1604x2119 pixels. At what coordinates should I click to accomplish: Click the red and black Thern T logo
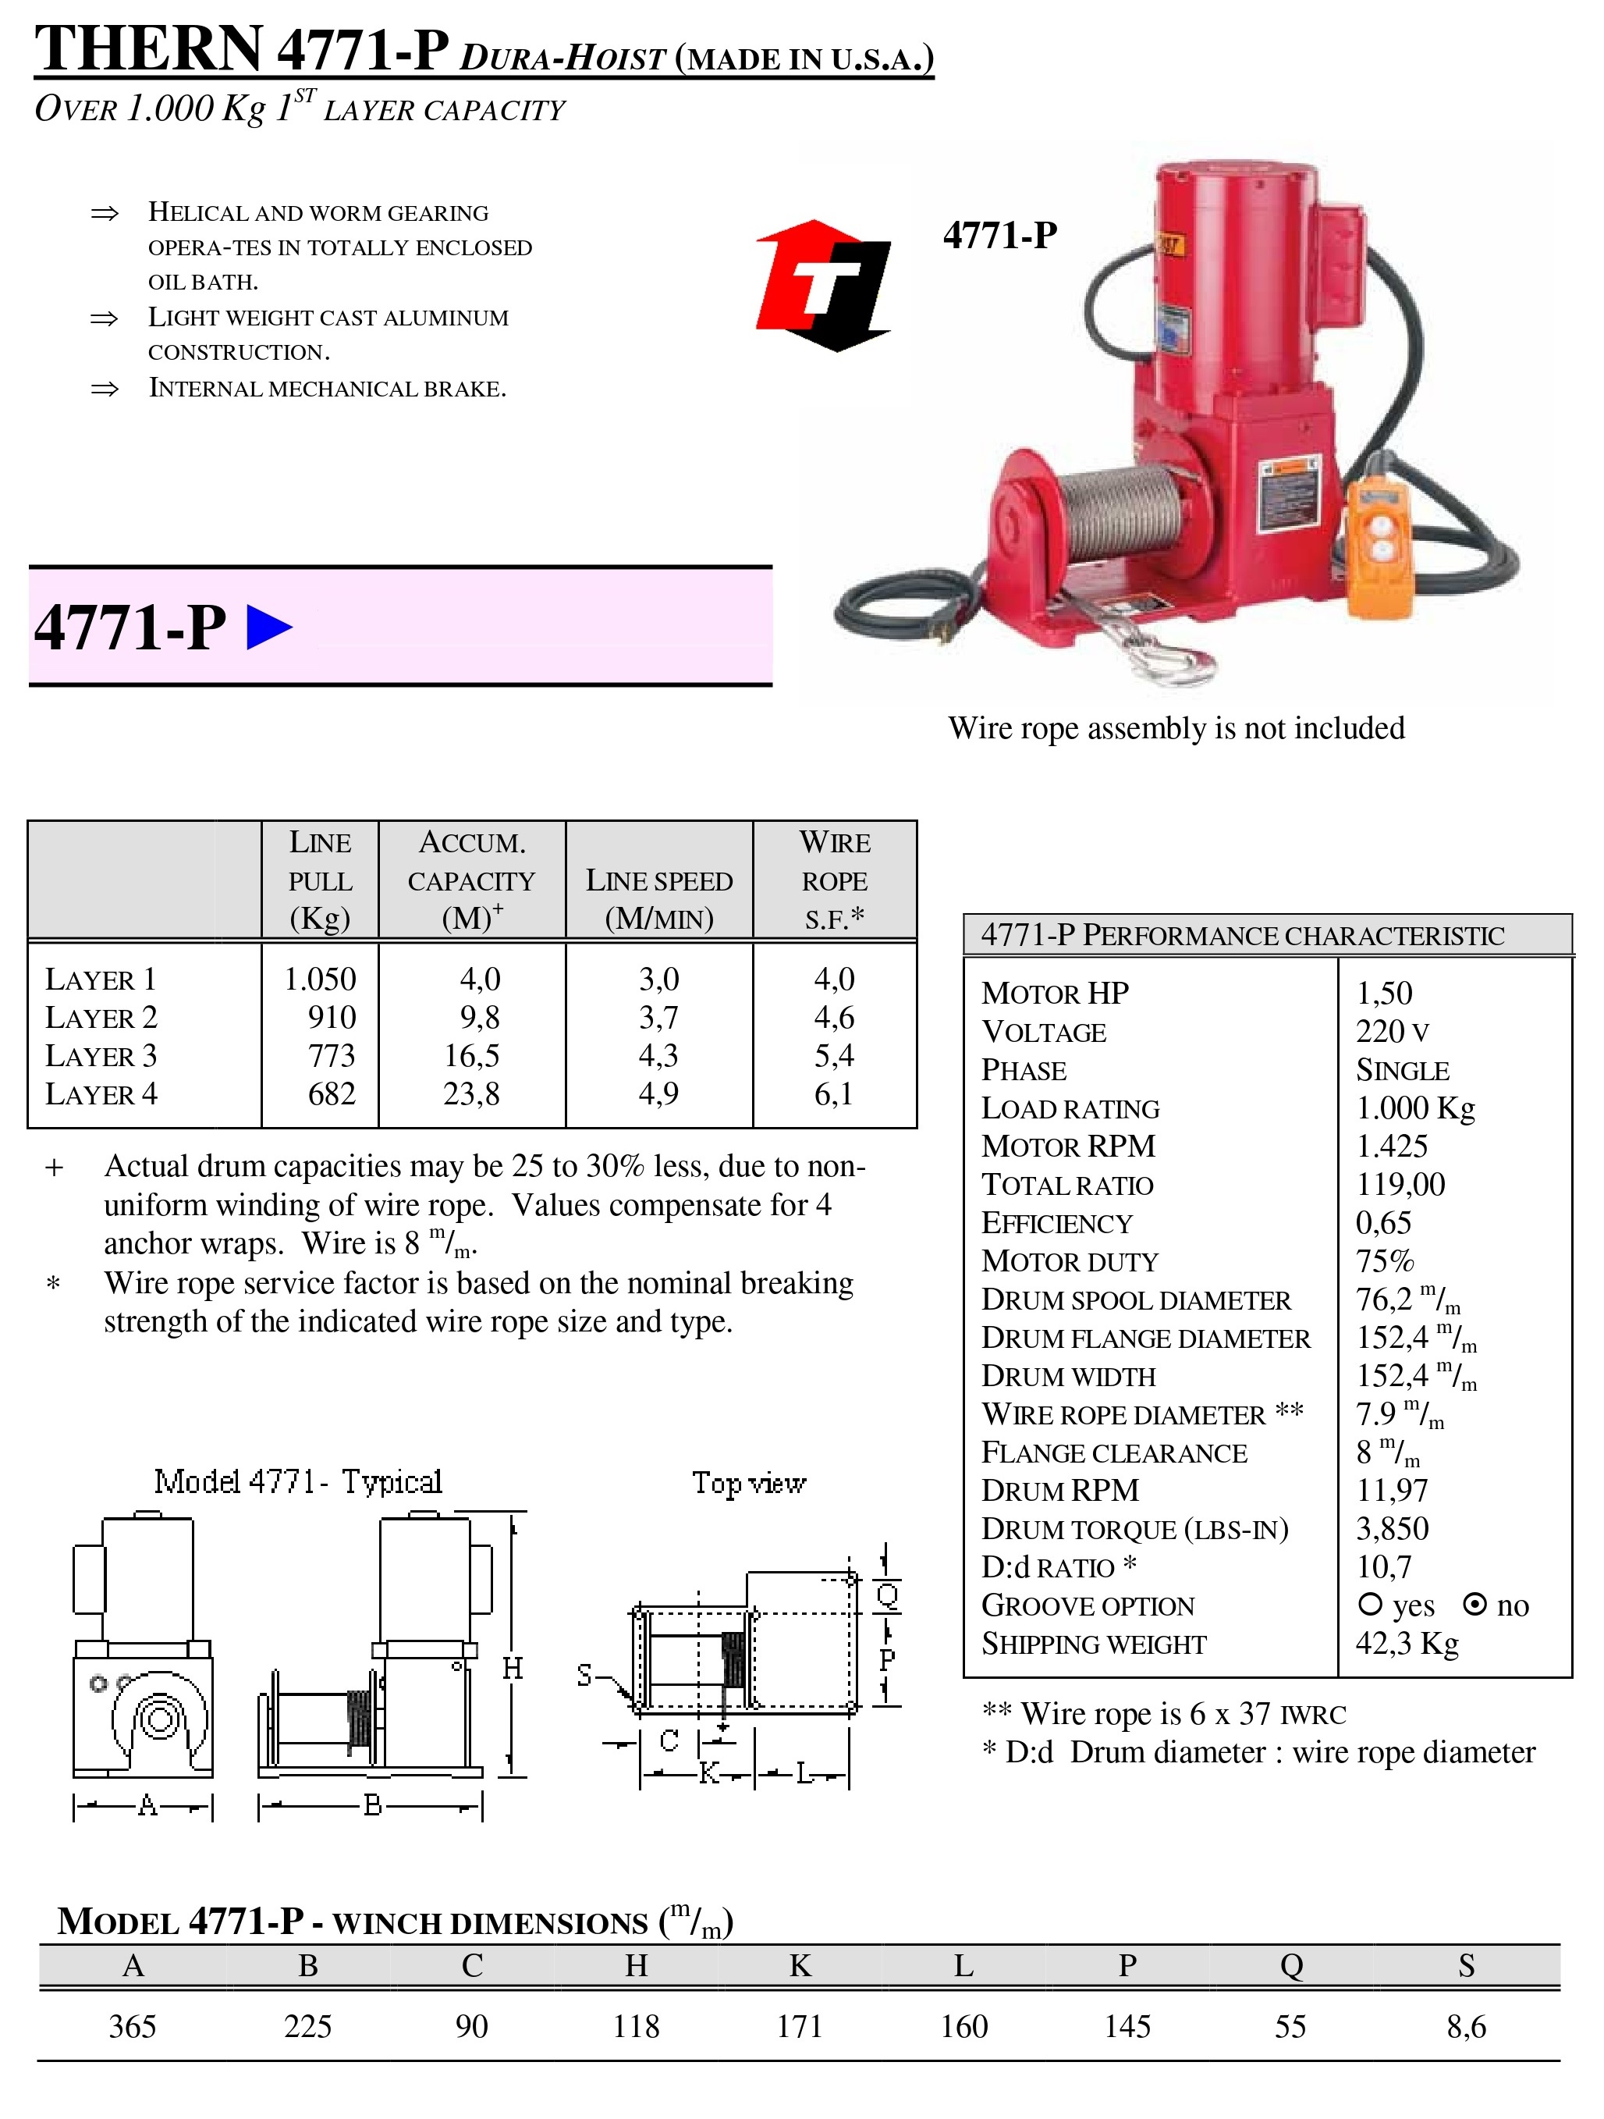(825, 286)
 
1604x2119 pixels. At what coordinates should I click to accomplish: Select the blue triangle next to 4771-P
(269, 628)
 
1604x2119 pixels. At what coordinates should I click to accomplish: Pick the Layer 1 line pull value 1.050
(320, 979)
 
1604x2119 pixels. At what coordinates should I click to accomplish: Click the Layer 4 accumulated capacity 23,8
(471, 1094)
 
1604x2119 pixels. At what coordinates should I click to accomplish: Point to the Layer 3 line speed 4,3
(658, 1056)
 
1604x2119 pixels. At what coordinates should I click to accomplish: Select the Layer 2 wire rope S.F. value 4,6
(834, 1017)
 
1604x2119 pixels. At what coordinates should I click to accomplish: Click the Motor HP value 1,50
(1384, 994)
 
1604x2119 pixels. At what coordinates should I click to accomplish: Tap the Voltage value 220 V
(1393, 1032)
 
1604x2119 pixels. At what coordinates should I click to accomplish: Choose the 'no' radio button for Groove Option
(1476, 1605)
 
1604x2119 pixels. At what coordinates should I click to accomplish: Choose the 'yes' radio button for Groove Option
(1370, 1604)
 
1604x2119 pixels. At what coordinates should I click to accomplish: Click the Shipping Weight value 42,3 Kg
(1407, 1644)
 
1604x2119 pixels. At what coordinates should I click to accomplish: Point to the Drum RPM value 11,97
(1392, 1491)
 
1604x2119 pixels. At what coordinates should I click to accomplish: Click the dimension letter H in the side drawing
(513, 1669)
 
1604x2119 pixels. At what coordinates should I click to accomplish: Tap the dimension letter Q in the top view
(888, 1596)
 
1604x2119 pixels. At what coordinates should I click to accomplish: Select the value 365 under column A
(132, 2026)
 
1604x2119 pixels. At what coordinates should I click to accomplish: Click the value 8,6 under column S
(1466, 2026)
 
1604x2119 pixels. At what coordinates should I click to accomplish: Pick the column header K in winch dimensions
(800, 1966)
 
